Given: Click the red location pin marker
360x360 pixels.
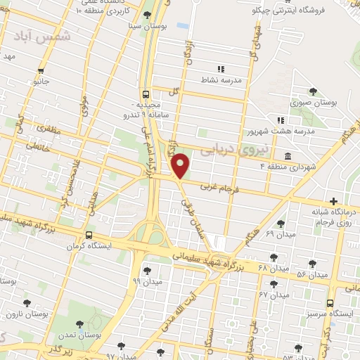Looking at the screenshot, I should (181, 165).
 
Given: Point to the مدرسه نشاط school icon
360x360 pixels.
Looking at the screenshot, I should (220, 69).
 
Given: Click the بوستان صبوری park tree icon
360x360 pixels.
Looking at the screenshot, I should (313, 91).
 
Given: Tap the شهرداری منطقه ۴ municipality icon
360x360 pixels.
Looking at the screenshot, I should (288, 155).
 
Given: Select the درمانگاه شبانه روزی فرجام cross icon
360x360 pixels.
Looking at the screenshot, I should (333, 201).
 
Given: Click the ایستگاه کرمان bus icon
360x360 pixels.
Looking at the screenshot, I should (89, 236).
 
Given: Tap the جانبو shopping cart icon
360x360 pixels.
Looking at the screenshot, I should (41, 70).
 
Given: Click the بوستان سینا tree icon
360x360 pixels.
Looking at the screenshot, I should (147, 15).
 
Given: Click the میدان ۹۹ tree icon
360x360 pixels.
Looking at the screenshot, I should (147, 269).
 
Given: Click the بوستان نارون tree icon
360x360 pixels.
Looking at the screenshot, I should (27, 303).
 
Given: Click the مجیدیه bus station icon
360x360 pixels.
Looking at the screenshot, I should (146, 94).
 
